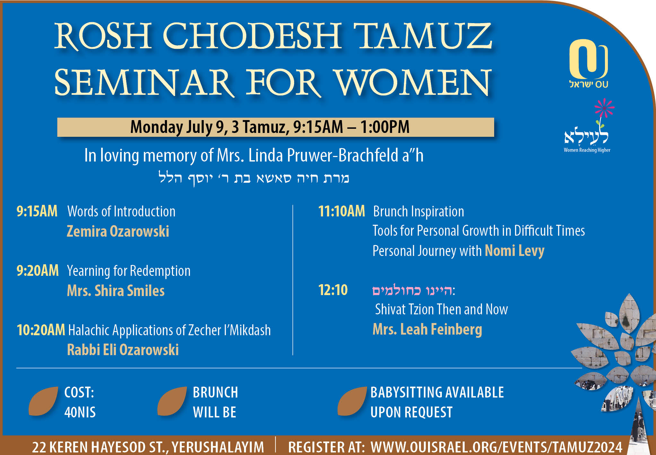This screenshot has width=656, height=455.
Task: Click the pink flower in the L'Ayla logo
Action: [x=604, y=108]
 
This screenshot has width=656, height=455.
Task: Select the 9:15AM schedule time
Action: [x=37, y=211]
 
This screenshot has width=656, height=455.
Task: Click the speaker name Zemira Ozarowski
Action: [x=118, y=231]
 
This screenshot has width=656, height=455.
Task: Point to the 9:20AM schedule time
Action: [x=38, y=271]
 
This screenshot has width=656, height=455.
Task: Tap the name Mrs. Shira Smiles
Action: [x=116, y=291]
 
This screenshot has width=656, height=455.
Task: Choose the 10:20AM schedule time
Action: [x=41, y=330]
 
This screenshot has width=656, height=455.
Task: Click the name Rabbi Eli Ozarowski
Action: [x=123, y=350]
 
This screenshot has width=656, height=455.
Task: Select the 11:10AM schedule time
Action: [x=342, y=211]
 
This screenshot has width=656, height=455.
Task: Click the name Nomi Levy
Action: [x=514, y=251]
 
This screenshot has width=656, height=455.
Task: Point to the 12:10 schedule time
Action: [x=333, y=290]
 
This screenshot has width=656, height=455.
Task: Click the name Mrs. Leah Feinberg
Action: [x=427, y=329]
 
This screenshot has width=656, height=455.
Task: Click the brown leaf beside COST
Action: [x=43, y=401]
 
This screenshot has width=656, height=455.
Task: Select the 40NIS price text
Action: [x=80, y=412]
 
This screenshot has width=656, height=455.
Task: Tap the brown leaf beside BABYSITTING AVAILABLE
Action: [x=352, y=401]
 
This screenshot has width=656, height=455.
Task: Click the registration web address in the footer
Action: [x=496, y=447]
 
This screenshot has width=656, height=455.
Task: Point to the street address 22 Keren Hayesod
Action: [x=148, y=447]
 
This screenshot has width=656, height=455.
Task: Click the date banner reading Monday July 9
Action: [x=276, y=127]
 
